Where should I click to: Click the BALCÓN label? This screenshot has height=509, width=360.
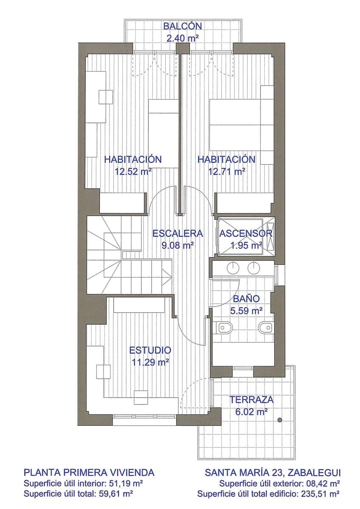[183, 26]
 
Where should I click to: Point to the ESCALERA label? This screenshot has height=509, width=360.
[178, 233]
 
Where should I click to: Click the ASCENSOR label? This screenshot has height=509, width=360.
[246, 234]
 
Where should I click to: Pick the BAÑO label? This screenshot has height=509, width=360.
[246, 299]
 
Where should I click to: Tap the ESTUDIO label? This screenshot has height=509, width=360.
[150, 350]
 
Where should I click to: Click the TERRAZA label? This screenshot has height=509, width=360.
[251, 400]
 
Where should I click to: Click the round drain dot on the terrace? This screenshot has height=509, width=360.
[280, 420]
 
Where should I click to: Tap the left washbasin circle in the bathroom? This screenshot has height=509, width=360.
[233, 267]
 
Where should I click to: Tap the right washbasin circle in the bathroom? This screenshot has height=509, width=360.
[253, 267]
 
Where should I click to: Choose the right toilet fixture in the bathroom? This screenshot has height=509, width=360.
[266, 327]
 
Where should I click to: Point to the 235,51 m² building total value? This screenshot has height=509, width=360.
[319, 494]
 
